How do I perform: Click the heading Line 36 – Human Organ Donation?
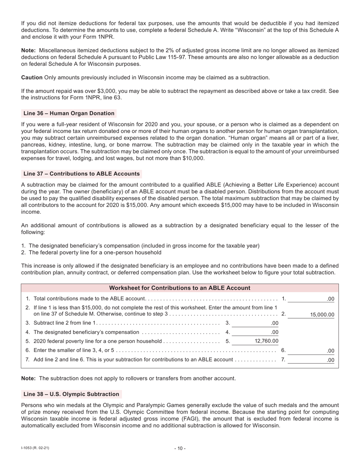pyautogui.click(x=69, y=113)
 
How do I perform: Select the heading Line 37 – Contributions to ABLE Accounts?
pyautogui.click(x=81, y=174)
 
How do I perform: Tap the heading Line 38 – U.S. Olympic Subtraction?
pyautogui.click(x=71, y=394)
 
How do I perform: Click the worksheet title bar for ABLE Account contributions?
pyautogui.click(x=180, y=288)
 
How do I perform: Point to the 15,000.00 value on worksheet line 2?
pyautogui.click(x=322, y=314)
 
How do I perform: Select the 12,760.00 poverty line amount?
pyautogui.click(x=266, y=341)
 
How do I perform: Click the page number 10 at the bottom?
pyautogui.click(x=180, y=449)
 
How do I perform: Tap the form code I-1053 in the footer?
pyautogui.click(x=35, y=448)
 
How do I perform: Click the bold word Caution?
pyautogui.click(x=32, y=77)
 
